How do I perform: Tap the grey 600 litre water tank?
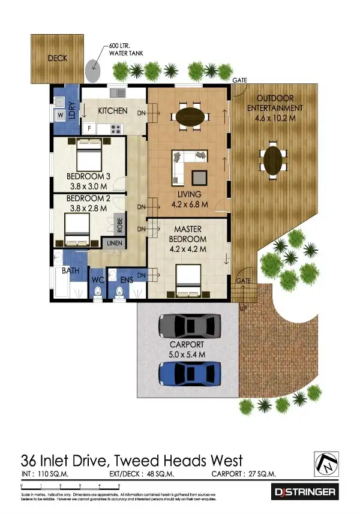[x=94, y=70]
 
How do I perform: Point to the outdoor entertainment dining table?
[x=274, y=161]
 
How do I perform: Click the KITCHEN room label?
[x=112, y=111]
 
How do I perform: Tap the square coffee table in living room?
[x=199, y=178]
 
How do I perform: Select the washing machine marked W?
[x=61, y=115]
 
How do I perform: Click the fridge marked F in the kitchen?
[x=89, y=128]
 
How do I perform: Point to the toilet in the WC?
[x=98, y=291]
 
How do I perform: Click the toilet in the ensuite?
[x=119, y=291]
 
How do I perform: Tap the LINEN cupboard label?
[x=115, y=243]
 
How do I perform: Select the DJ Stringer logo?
[x=305, y=492]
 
